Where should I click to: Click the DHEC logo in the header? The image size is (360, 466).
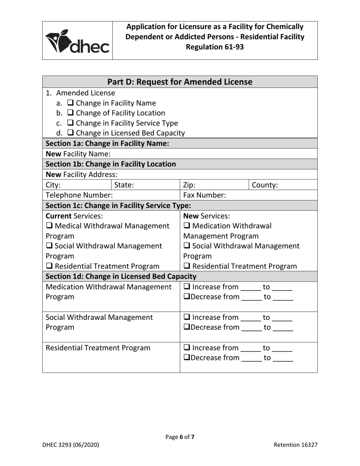tap(77, 41)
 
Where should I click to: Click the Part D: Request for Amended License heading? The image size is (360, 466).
tap(180, 82)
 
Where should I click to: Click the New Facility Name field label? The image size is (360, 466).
tap(78, 154)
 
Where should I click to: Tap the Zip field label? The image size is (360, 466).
tap(189, 185)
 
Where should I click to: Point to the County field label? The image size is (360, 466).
tap(265, 185)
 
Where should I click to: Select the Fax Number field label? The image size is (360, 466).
tap(205, 195)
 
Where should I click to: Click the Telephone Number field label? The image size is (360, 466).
tap(79, 195)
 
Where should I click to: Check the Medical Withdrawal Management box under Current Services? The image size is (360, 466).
tap(49, 226)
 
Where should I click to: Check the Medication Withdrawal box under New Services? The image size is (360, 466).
tap(186, 226)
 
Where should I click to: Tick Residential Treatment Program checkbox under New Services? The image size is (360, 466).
tap(186, 267)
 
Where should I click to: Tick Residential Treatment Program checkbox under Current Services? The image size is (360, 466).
tap(49, 267)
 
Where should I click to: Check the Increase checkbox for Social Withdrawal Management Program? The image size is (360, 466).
tap(186, 317)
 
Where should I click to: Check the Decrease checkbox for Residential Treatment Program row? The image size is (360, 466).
tap(186, 358)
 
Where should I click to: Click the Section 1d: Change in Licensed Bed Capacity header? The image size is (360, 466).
tap(121, 277)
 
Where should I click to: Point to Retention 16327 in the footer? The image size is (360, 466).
tap(296, 445)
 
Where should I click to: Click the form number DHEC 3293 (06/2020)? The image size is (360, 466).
tap(70, 445)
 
